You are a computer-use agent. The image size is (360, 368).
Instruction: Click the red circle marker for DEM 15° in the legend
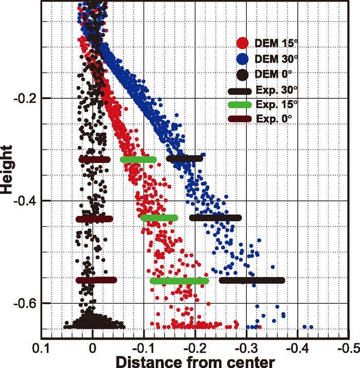[243, 43]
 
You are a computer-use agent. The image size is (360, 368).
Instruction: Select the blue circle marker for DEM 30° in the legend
[243, 58]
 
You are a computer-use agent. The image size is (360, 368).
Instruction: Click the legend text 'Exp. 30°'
[276, 91]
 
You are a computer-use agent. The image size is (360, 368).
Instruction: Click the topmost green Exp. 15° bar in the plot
[138, 160]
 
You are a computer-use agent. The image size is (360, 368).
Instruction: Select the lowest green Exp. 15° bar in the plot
[179, 281]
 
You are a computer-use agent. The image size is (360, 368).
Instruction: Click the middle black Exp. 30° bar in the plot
[215, 218]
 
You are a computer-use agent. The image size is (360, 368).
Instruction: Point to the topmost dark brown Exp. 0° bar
[95, 160]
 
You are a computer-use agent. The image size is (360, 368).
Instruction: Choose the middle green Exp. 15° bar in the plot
[159, 218]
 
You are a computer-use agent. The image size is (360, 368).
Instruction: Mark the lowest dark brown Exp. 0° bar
[96, 280]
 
